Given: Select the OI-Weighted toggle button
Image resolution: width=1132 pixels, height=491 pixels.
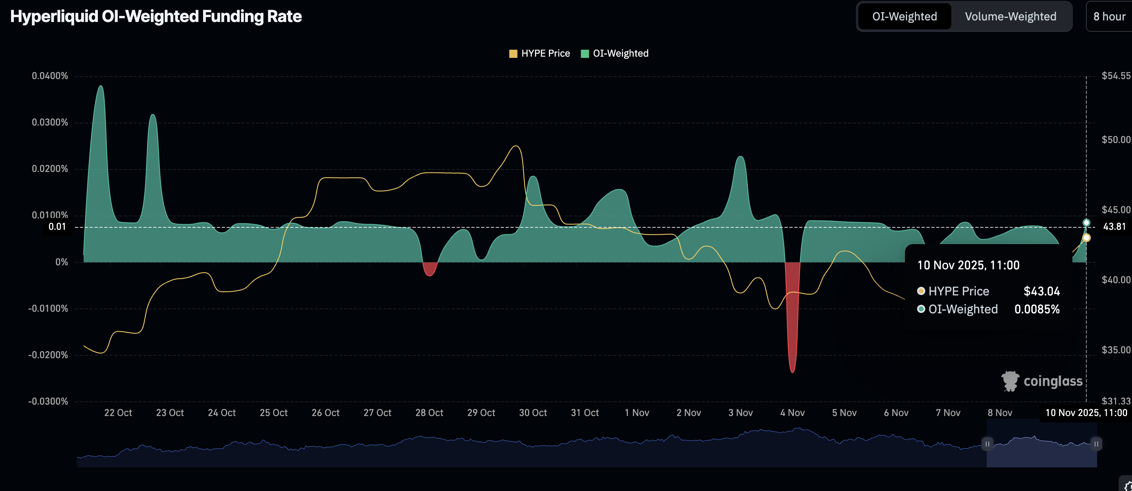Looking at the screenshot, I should [904, 17].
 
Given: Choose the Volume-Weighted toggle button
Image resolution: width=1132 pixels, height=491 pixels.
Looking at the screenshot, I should [1010, 17].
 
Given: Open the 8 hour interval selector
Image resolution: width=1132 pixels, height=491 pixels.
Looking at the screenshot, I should [1109, 17].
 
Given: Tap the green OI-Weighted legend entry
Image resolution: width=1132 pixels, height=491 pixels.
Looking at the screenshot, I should [615, 53].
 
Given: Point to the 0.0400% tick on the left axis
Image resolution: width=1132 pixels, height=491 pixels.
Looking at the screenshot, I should [50, 76].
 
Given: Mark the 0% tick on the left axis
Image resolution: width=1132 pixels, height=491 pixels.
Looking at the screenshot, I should [62, 262].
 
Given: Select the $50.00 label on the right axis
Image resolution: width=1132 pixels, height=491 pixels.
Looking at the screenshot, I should [1116, 140].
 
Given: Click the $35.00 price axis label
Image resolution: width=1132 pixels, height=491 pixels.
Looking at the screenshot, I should [1116, 350].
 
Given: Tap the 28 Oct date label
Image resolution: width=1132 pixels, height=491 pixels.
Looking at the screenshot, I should [429, 413].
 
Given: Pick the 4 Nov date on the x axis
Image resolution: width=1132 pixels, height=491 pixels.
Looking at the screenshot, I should [792, 413].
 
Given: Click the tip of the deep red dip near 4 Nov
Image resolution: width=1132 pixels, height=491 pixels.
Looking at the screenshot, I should [792, 372].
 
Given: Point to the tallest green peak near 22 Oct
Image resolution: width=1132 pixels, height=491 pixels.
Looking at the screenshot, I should [101, 86].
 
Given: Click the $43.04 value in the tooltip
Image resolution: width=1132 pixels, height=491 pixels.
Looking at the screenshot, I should [1041, 291].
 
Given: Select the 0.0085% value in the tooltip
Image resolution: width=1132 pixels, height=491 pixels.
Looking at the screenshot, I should [1037, 309].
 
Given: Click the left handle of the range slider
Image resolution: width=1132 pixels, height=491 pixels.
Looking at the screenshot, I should [987, 444].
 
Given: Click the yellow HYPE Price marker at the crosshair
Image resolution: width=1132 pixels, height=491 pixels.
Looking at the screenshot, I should [1086, 238].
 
